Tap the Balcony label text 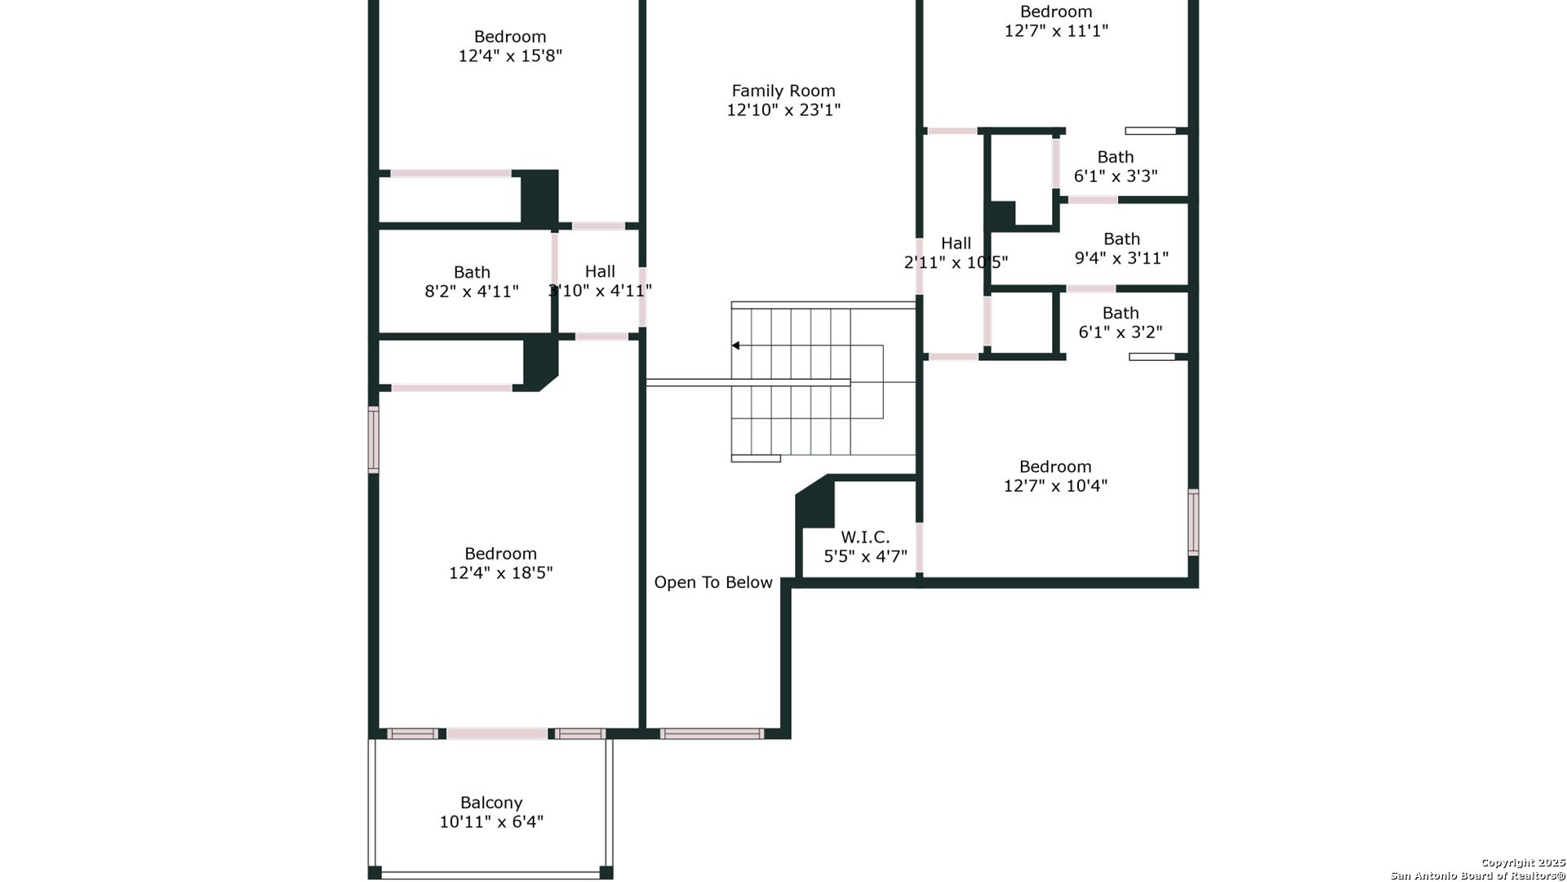[491, 803]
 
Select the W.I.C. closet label [865, 537]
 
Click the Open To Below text [713, 582]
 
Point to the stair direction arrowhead [735, 345]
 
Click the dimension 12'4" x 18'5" [501, 572]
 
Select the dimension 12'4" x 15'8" [510, 56]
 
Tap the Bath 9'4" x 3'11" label [1121, 248]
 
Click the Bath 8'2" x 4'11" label [472, 282]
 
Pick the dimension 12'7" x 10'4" [1055, 485]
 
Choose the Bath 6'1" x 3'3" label [1116, 167]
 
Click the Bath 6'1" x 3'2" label [1121, 323]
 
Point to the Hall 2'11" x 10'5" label [956, 252]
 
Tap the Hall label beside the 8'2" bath [600, 281]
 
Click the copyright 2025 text [1523, 862]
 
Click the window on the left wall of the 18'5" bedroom [374, 440]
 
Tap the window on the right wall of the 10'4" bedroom [1193, 523]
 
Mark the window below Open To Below [712, 733]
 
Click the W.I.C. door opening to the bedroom [919, 547]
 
